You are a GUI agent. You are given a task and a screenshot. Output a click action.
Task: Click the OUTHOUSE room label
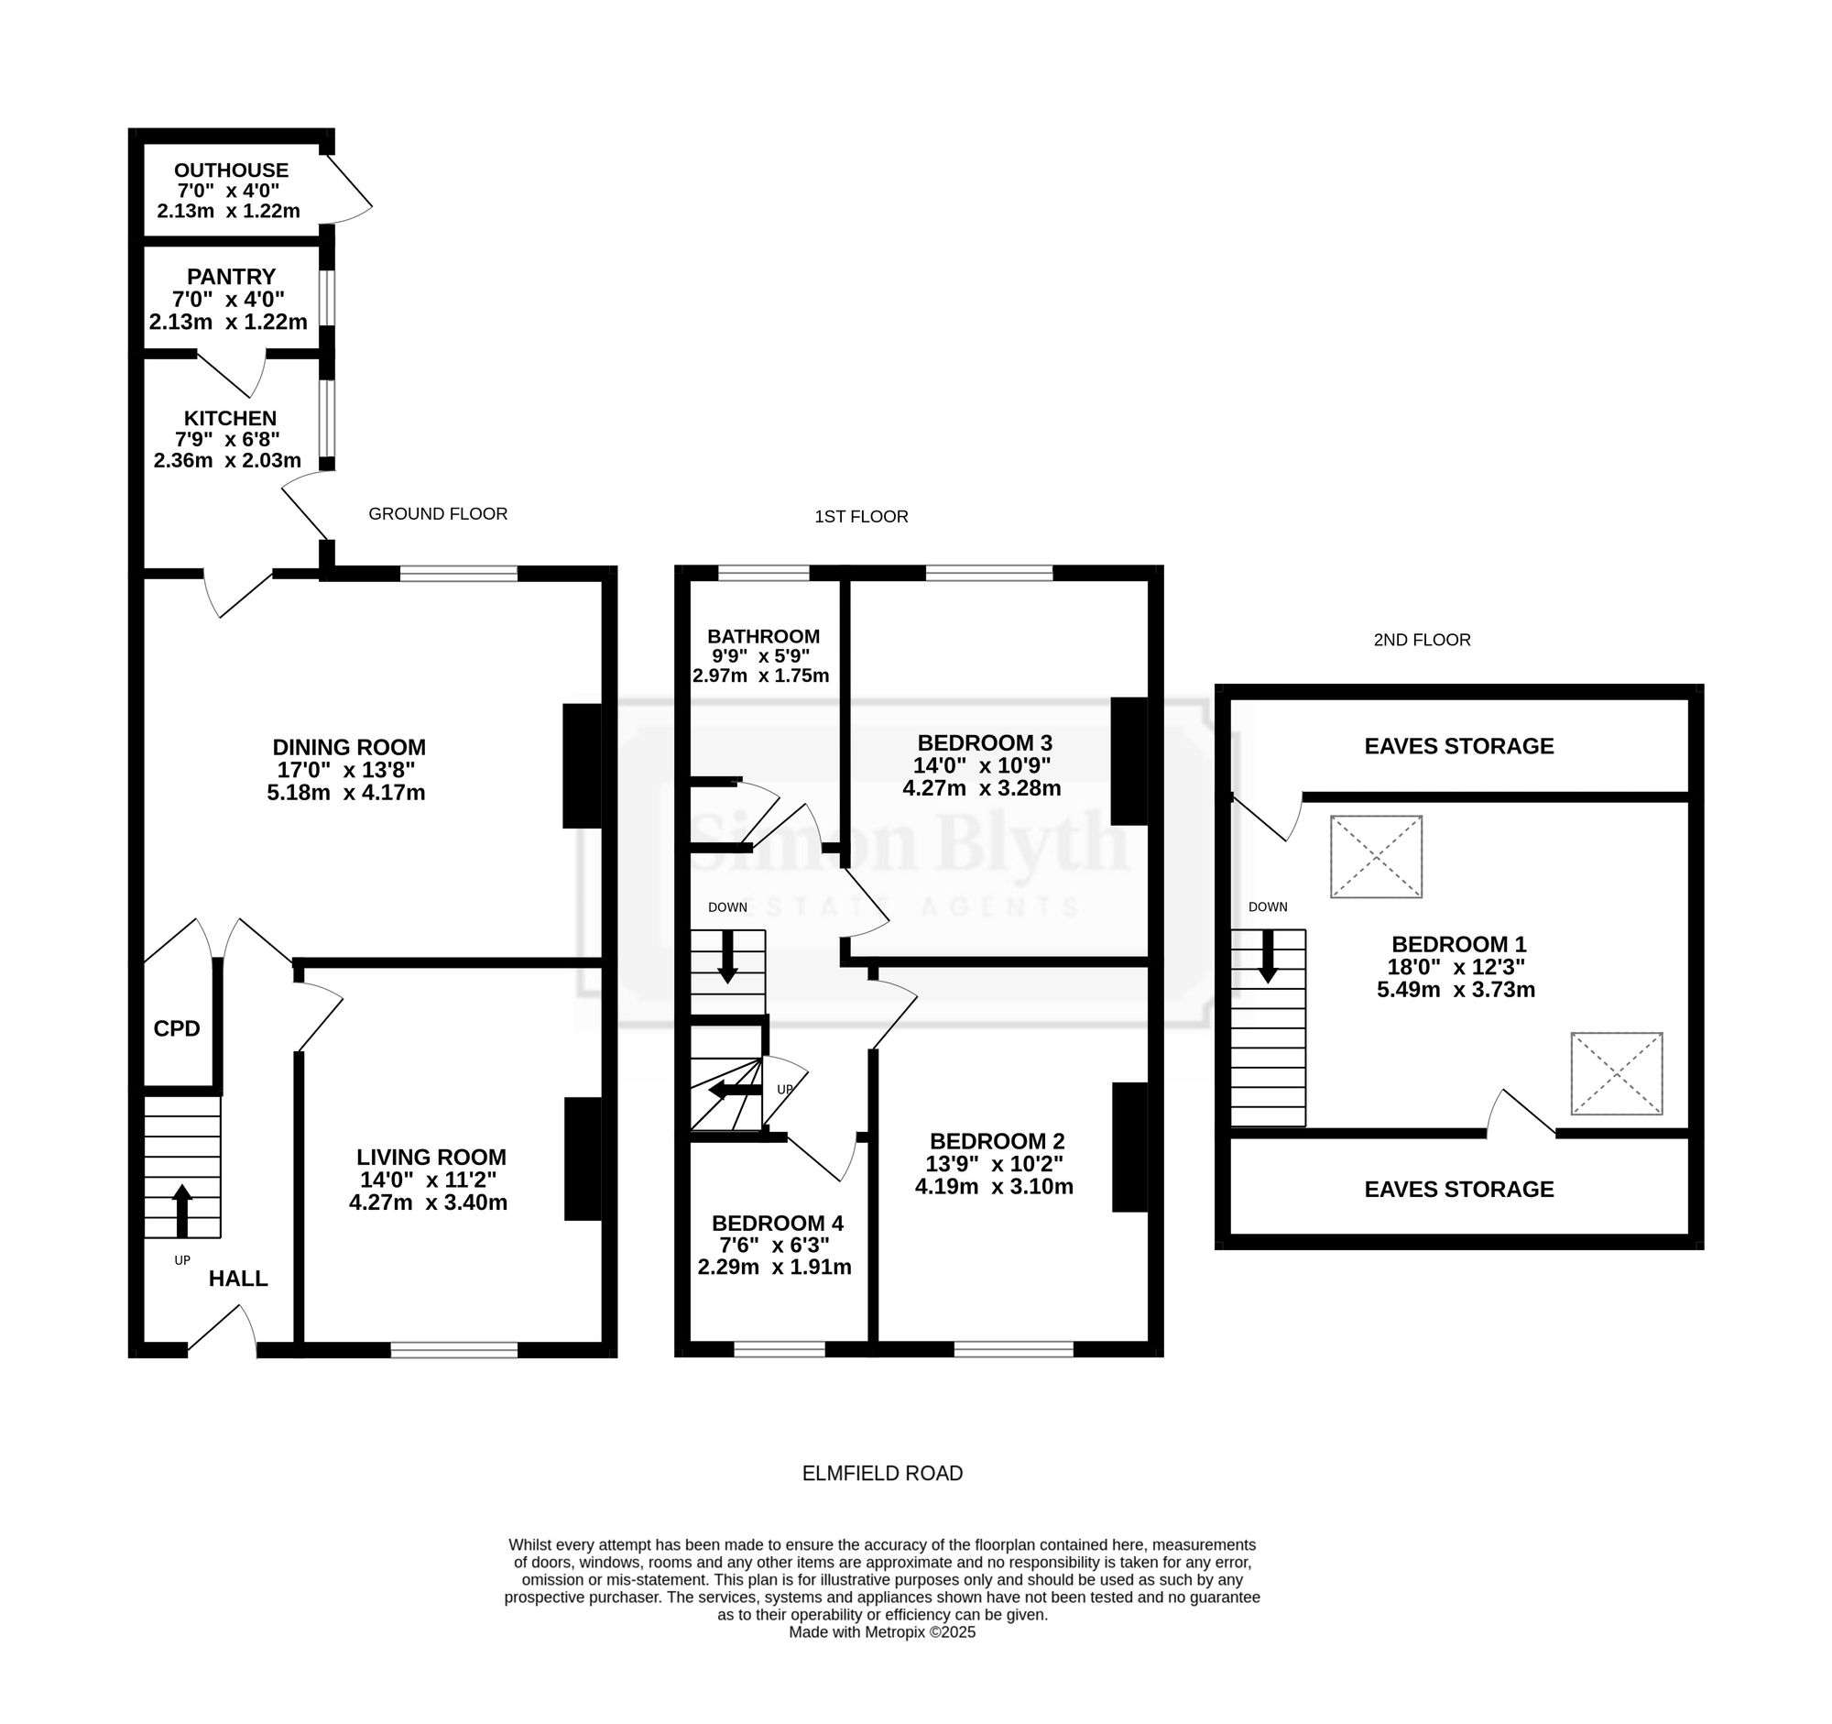[232, 170]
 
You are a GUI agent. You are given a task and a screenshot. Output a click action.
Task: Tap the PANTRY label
[232, 277]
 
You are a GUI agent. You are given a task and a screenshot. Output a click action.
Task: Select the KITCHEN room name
[230, 418]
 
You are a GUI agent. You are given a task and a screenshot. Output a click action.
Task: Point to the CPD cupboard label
[176, 1028]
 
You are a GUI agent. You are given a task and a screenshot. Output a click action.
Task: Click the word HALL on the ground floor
[238, 1278]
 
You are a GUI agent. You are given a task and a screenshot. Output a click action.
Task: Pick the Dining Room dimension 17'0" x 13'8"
[346, 770]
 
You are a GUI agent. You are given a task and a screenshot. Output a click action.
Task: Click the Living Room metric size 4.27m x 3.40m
[429, 1202]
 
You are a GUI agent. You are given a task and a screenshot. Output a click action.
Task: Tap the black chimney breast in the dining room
[582, 766]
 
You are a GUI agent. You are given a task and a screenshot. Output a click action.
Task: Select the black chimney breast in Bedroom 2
[1130, 1146]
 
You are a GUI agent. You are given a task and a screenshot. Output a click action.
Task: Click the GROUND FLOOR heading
[438, 513]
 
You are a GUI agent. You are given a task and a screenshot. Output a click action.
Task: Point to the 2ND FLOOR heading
[1422, 640]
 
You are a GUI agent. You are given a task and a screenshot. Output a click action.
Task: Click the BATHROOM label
[763, 636]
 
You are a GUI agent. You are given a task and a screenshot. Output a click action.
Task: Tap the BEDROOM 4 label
[777, 1224]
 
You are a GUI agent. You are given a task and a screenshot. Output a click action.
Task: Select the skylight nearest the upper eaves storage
[1376, 856]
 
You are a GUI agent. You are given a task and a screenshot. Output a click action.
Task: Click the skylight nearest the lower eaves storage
[1617, 1073]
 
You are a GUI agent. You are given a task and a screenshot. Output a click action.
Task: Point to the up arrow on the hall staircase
[181, 1211]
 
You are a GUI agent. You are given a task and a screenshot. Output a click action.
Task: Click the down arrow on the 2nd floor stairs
[1268, 956]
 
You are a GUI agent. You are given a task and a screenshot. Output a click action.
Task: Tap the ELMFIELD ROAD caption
[882, 1473]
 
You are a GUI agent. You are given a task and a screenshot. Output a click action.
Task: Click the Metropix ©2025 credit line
[882, 1631]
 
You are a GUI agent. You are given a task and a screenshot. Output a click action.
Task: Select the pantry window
[327, 297]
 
